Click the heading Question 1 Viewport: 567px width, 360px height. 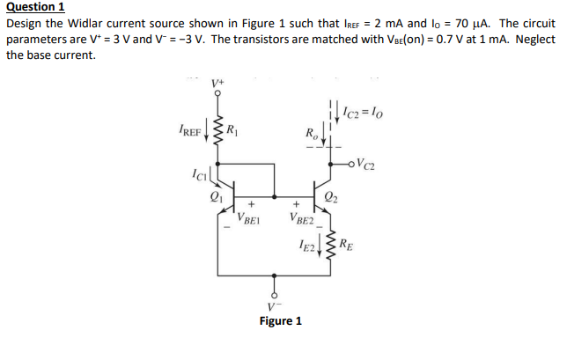[35, 7]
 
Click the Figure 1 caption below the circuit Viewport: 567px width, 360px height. [280, 320]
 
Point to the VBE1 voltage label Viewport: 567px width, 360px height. [248, 217]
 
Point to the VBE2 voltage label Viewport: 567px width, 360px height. [300, 217]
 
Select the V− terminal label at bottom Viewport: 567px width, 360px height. [274, 305]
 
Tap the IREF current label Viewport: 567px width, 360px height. [190, 134]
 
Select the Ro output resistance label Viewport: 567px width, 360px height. [311, 135]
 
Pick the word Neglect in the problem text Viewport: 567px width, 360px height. [534, 39]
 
